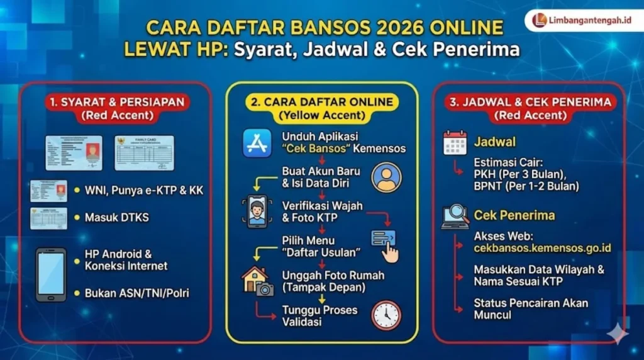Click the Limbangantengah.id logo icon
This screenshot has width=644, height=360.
[539, 20]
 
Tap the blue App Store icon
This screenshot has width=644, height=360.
[257, 143]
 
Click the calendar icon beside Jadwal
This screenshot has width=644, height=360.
[455, 143]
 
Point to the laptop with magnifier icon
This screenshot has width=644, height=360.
[455, 216]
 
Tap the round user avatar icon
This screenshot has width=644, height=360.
[386, 177]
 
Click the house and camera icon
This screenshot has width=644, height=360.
[258, 281]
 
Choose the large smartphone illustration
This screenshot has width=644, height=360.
[51, 274]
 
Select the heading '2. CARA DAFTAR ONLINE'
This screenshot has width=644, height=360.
[322, 102]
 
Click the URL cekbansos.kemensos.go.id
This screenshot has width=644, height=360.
[542, 248]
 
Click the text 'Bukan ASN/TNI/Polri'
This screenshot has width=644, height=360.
[136, 293]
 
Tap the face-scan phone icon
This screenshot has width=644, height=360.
[257, 211]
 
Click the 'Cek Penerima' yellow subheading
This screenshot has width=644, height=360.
[514, 215]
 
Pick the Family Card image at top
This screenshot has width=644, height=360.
[144, 153]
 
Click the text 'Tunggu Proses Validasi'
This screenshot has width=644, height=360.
[319, 316]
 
